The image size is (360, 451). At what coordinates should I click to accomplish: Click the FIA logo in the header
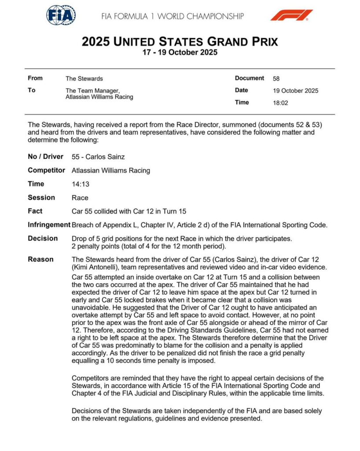[61, 15]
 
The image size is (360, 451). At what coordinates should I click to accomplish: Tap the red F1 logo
[291, 15]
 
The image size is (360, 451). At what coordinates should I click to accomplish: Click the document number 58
[276, 79]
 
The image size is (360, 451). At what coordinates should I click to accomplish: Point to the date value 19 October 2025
[295, 91]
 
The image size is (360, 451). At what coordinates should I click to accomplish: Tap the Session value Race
[80, 198]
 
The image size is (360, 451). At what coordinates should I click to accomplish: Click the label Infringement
[49, 225]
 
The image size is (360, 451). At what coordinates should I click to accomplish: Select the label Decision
[43, 238]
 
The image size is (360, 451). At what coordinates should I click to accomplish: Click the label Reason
[40, 259]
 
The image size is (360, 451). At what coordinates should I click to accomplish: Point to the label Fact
[35, 211]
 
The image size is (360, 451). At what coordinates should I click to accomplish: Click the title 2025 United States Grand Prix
[180, 42]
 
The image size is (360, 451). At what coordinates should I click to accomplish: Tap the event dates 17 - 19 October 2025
[180, 52]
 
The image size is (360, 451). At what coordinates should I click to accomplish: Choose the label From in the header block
[35, 78]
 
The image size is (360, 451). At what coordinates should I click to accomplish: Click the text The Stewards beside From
[84, 79]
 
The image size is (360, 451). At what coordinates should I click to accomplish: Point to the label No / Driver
[45, 157]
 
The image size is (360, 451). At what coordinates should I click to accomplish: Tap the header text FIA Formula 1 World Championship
[173, 16]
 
